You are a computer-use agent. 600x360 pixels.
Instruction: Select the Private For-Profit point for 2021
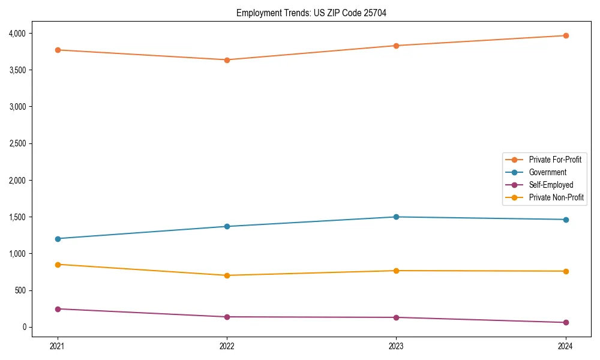(x=58, y=50)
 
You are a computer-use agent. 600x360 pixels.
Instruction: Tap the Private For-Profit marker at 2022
(x=227, y=60)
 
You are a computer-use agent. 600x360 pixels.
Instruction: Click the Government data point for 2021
(x=58, y=239)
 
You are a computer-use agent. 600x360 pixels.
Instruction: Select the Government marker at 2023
(x=396, y=217)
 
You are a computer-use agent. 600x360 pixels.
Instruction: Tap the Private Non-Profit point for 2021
(x=58, y=265)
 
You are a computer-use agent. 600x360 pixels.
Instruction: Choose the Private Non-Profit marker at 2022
(x=227, y=275)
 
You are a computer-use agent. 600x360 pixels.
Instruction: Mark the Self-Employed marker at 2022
(x=227, y=317)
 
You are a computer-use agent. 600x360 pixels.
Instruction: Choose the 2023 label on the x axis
(x=396, y=346)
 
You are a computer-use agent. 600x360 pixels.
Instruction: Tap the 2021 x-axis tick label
(x=58, y=346)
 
